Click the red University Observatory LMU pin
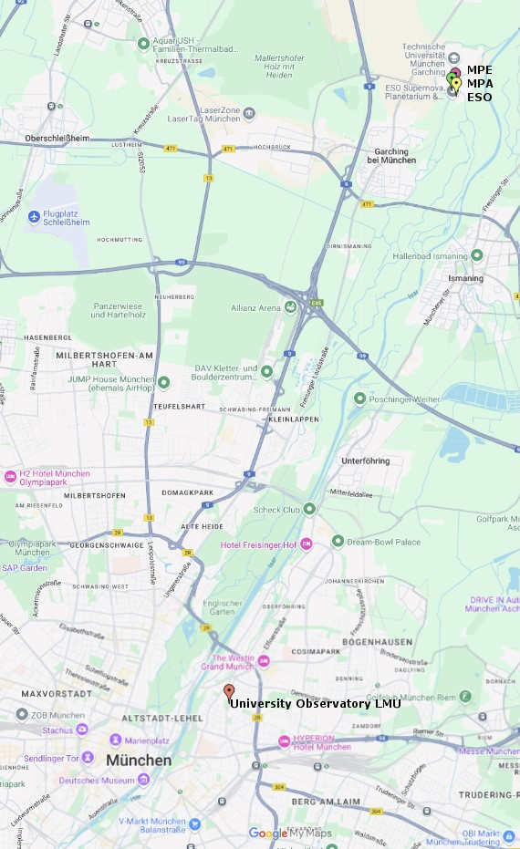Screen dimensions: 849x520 point(229,691)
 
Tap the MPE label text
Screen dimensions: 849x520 point(479,69)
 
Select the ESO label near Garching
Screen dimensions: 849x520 point(479,97)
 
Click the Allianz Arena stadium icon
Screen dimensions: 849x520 point(290,307)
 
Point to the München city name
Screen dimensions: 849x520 point(138,760)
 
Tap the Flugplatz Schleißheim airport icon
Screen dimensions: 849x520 point(35,216)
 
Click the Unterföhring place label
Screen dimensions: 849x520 point(366,461)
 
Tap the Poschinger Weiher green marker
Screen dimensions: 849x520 point(359,399)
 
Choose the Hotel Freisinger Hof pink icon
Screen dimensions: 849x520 point(306,544)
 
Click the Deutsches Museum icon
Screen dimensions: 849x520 point(143,780)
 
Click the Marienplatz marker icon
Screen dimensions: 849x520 point(116,740)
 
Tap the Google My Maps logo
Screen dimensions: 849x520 point(290,833)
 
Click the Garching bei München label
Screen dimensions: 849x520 point(390,156)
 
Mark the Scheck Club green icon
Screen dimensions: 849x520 point(309,509)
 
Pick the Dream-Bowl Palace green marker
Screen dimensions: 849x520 point(338,542)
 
